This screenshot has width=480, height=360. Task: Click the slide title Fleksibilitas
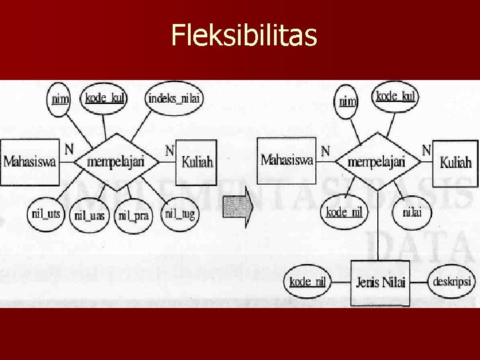point(243,37)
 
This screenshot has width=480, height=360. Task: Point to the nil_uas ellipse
point(89,215)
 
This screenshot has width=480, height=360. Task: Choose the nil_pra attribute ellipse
point(133,215)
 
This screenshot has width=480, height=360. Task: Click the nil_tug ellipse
point(180,213)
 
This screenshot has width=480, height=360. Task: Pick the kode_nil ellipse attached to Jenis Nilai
point(307,281)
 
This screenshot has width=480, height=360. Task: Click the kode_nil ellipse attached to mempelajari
point(344,212)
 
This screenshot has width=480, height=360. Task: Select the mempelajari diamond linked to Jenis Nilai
point(378,162)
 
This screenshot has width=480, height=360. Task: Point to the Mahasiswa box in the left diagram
point(29,161)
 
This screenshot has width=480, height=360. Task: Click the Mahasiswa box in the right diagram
point(287,160)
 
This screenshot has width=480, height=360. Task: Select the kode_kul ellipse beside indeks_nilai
point(104,98)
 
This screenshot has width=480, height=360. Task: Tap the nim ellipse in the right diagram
point(347,101)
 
